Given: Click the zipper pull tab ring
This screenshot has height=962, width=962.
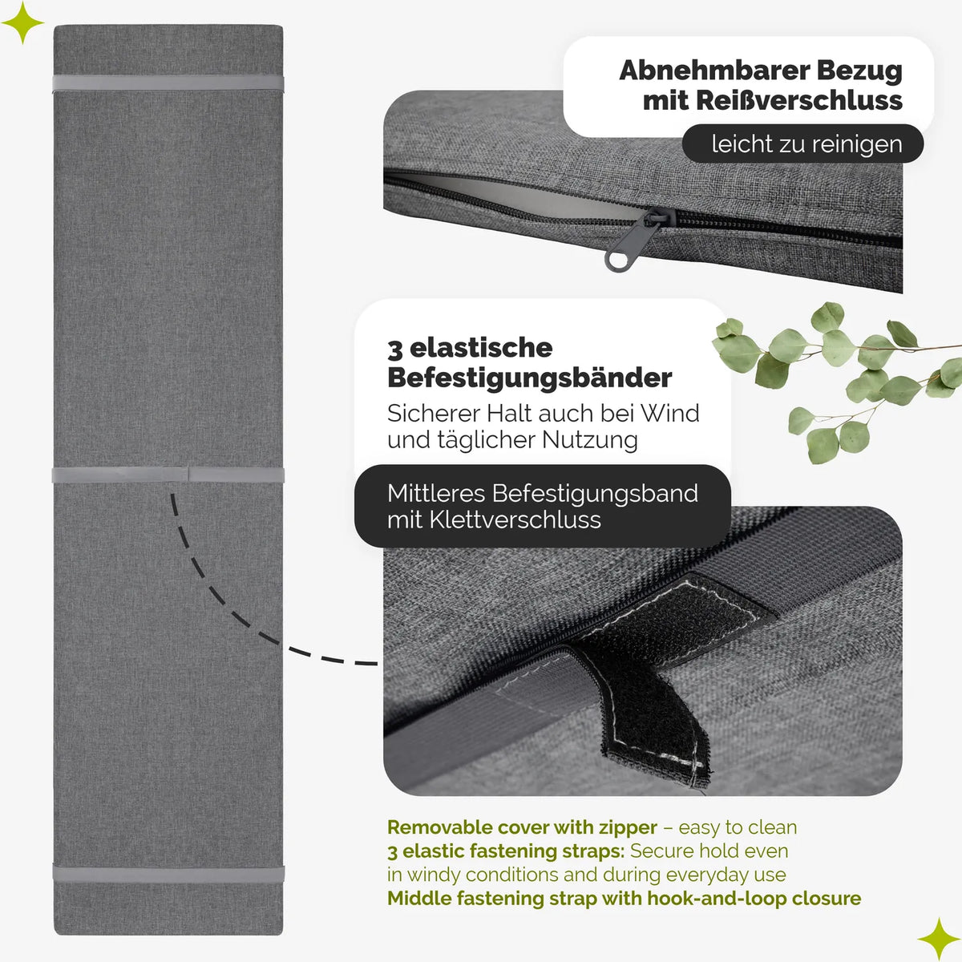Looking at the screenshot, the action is [619, 260].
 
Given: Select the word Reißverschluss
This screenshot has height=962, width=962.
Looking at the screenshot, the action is [798, 101].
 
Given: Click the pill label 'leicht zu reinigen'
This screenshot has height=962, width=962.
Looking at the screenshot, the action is [802, 143].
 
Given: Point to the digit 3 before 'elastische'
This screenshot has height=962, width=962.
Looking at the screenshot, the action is [394, 349].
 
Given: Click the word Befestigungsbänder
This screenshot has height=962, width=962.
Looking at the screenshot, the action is [529, 378].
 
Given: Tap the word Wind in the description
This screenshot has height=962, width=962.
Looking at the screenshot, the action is [670, 414].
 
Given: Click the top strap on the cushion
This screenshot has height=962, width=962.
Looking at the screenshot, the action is [168, 83].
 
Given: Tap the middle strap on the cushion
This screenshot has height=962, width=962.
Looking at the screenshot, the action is [168, 475].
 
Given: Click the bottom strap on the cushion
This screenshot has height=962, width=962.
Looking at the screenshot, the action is [168, 874].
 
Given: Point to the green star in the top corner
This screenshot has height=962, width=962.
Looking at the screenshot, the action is [22, 22].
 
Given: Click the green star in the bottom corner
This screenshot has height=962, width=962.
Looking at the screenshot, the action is [939, 939].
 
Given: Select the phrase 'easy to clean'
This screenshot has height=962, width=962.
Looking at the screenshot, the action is [738, 827].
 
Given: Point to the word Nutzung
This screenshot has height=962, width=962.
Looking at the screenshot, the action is [589, 440].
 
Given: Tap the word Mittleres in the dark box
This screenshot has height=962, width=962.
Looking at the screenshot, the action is [436, 493].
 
